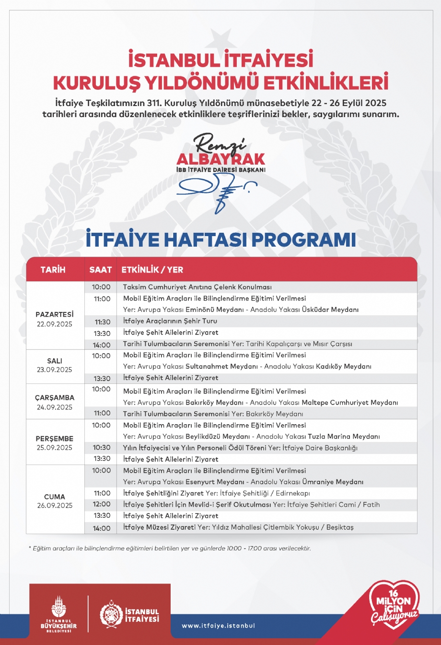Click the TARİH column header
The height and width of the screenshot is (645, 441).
point(53,270)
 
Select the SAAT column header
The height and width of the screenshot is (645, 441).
point(100,270)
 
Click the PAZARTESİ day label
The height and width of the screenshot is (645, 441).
point(54,314)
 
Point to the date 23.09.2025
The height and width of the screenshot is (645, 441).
point(54,370)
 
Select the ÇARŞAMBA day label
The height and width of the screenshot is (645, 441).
point(54,397)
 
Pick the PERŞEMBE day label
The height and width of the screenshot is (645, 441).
point(54,438)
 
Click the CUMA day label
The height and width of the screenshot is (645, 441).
point(54,497)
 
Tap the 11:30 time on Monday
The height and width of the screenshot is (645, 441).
point(103,322)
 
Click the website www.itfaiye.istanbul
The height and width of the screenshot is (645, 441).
point(218,626)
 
